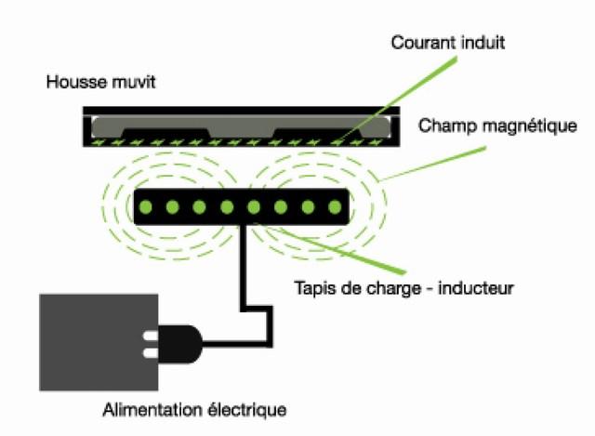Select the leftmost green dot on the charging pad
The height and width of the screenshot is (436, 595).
(x=147, y=206)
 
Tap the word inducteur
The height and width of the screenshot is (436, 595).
(x=483, y=288)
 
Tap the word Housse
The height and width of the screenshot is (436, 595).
(x=70, y=82)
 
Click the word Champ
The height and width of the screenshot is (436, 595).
(x=443, y=126)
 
